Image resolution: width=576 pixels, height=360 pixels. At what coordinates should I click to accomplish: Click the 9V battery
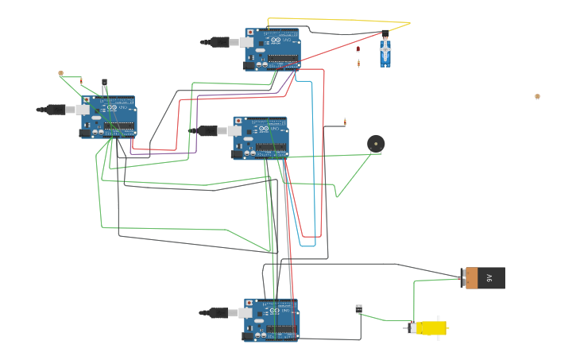(x=484, y=278)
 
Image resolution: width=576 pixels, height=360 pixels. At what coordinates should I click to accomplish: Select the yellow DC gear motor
(x=429, y=327)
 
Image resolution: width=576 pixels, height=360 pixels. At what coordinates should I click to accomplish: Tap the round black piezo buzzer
(x=376, y=144)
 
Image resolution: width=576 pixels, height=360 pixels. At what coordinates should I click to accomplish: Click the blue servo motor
(x=385, y=52)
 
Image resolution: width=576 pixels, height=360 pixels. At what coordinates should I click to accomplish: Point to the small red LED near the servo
(x=358, y=49)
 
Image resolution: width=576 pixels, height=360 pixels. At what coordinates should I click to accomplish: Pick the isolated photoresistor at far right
(x=537, y=97)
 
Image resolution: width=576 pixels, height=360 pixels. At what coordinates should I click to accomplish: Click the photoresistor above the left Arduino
(x=60, y=74)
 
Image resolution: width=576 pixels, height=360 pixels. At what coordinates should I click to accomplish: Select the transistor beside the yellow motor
(x=358, y=309)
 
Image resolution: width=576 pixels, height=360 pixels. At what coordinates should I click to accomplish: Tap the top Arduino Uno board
(x=273, y=49)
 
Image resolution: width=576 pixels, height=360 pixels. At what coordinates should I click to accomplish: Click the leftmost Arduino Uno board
(x=108, y=117)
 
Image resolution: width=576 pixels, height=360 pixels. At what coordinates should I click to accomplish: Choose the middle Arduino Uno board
(x=261, y=137)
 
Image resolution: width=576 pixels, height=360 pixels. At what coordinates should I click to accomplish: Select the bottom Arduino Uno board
(x=272, y=319)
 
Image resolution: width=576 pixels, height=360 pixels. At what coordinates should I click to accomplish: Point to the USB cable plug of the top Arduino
(x=220, y=41)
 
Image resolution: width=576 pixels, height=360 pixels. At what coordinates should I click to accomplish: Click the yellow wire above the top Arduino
(x=334, y=19)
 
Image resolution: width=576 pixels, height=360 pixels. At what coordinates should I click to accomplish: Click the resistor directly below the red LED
(x=358, y=63)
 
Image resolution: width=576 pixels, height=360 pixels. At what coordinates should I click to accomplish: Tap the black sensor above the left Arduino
(x=104, y=82)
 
